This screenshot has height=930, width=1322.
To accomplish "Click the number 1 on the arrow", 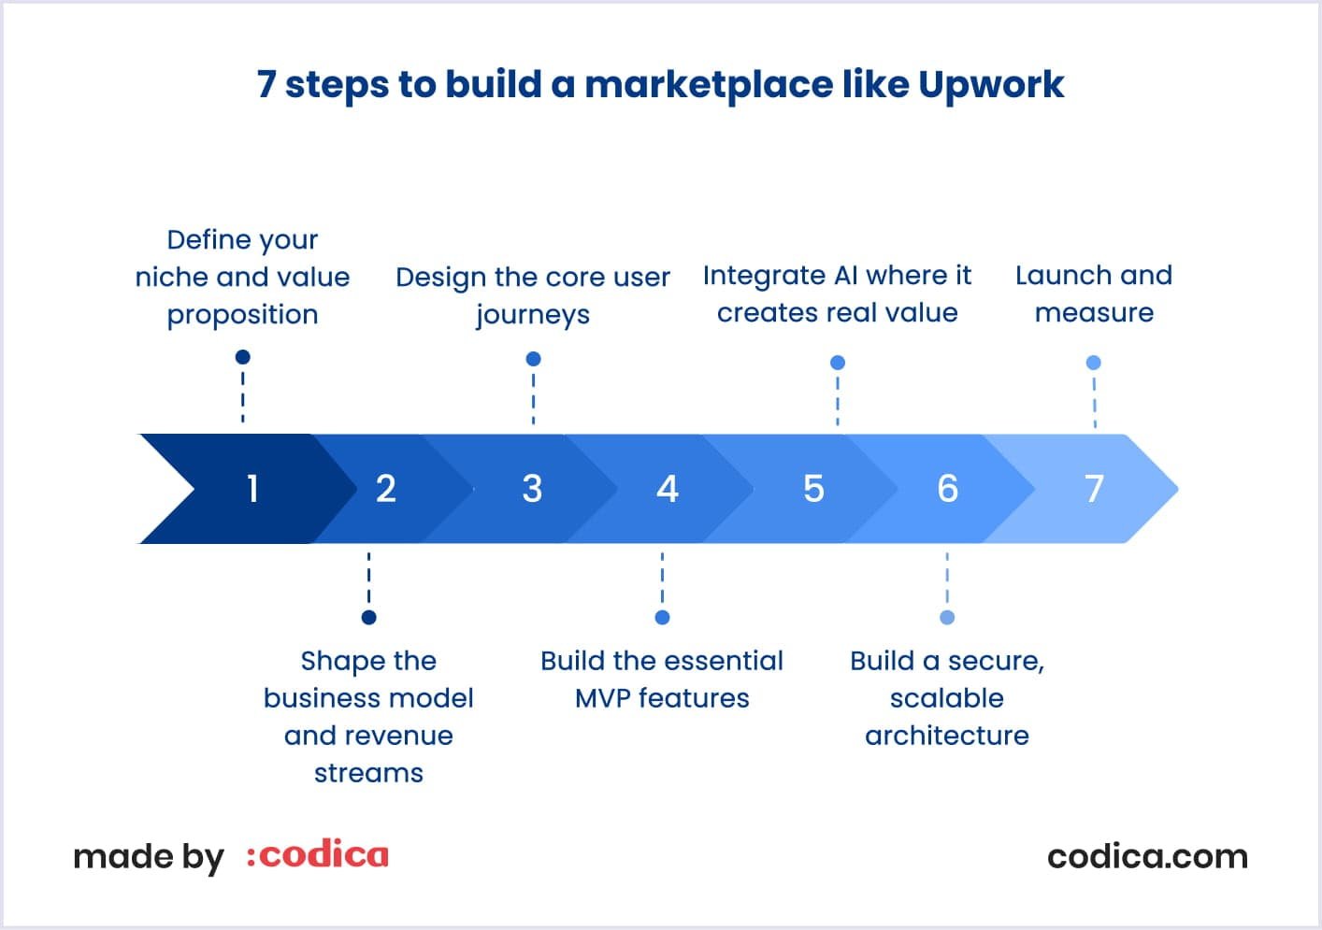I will coord(252,489).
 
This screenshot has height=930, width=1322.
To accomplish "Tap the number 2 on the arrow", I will coord(386,489).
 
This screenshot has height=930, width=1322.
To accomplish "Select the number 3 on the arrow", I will coord(532,489).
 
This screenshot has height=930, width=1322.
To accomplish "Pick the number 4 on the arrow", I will coord(667,489).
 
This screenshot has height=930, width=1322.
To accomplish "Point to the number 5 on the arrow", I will coord(813,489).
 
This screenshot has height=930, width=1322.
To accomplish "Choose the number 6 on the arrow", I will coord(947,489).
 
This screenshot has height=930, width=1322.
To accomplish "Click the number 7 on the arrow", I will coord(1094,489).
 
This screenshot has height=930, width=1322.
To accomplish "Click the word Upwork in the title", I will coord(990,85).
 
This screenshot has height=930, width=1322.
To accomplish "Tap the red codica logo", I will coord(318,855).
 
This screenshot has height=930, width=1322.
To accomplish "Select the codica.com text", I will coord(1147,856).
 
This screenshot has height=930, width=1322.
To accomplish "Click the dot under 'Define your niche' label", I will coord(243,357).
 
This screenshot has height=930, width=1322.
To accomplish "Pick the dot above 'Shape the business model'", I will coord(368,617).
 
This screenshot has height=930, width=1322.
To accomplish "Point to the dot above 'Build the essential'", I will coord(662,617).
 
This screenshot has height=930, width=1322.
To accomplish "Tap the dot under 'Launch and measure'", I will coord(1093,363).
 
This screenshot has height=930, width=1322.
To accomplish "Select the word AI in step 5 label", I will coord(841,276).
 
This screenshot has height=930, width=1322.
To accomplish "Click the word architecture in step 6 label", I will coord(946,736).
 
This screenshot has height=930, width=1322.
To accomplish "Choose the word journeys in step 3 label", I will coord(533,316).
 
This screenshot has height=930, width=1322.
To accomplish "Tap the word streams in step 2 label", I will coord(368,773).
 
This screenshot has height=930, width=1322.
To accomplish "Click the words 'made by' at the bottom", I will coord(149,857).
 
